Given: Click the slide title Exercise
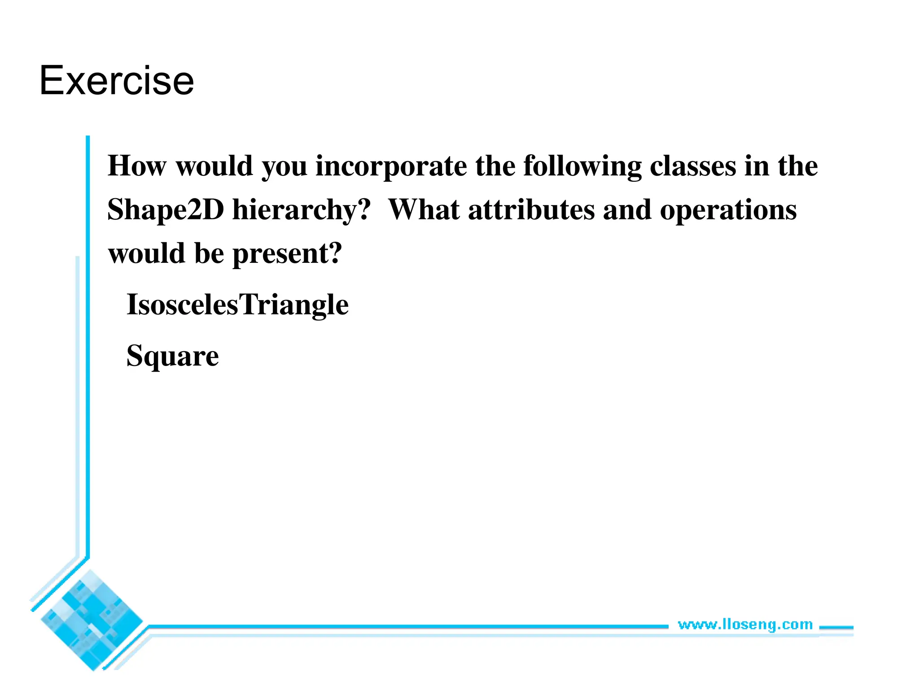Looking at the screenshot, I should tap(117, 81).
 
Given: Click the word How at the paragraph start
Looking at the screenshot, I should tap(137, 166).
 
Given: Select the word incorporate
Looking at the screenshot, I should tap(391, 166).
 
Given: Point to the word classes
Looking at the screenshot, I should tap(693, 166).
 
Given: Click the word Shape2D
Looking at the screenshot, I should tap(166, 210).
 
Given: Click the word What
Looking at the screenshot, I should tap(424, 210).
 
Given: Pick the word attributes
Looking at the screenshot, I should tap(531, 210).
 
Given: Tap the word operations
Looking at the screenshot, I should tap(728, 210).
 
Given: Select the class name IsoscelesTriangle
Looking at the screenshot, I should tap(237, 305).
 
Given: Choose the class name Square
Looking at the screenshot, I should tap(173, 356).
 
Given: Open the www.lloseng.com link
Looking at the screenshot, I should tap(745, 624).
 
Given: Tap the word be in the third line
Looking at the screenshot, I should tap(209, 253).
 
